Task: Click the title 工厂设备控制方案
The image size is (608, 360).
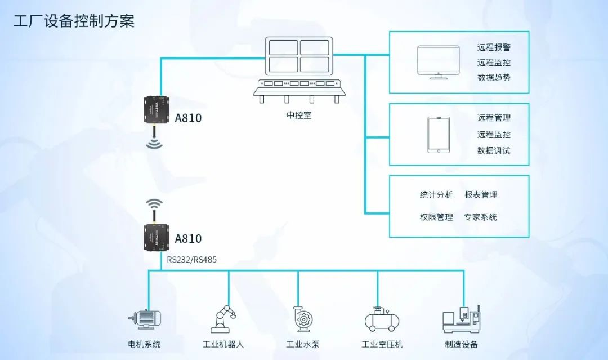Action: click(74, 22)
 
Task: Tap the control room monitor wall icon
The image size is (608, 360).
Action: click(298, 70)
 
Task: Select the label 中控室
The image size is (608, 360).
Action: click(299, 115)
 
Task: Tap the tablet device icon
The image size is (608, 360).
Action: click(439, 135)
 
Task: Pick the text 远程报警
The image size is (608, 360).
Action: click(494, 48)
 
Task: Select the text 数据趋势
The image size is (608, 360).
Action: click(494, 78)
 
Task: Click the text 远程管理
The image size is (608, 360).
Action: click(494, 118)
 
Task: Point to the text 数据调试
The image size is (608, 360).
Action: click(494, 150)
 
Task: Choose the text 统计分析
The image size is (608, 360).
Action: click(436, 195)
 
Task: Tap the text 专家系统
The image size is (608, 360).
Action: click(480, 217)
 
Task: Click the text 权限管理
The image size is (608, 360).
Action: click(436, 217)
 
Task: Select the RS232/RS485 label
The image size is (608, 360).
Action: click(191, 260)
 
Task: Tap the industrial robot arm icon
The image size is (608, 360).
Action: click(223, 319)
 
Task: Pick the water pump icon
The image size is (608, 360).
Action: click(302, 319)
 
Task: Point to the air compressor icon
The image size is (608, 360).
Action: click(382, 319)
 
